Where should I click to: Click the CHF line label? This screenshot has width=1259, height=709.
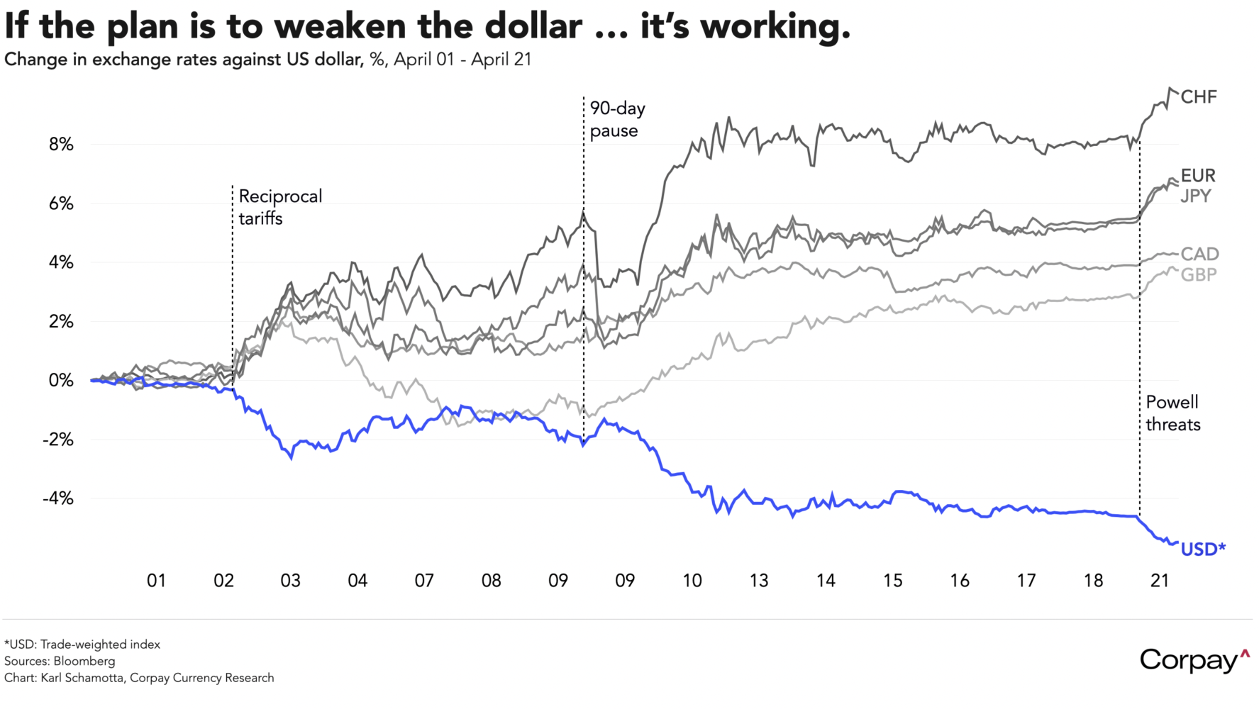coord(1199,97)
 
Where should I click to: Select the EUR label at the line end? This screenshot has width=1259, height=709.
coord(1198,175)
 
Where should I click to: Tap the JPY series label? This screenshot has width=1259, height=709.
coord(1196,196)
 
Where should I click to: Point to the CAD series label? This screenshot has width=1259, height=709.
coord(1199,254)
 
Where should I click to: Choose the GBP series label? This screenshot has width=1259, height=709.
coord(1199,274)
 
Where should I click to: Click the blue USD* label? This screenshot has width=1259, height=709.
coord(1203,549)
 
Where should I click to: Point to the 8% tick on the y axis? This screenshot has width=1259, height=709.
coord(61,145)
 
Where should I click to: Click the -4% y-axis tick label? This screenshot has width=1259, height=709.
coord(58,498)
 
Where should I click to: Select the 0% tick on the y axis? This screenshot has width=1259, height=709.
coord(61,381)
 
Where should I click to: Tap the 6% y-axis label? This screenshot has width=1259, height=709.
coord(61,203)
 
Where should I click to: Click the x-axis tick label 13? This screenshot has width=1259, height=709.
coord(759,581)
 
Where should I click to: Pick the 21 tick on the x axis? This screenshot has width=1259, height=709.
coord(1160,581)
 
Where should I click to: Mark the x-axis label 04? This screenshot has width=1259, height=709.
coord(357,581)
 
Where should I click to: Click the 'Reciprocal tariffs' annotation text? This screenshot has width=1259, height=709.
coord(280,207)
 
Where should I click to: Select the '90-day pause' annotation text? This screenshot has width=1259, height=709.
coord(617,119)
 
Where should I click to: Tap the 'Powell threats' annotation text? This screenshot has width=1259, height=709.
coord(1173,413)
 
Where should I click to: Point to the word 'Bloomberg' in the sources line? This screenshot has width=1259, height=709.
coord(84,661)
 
